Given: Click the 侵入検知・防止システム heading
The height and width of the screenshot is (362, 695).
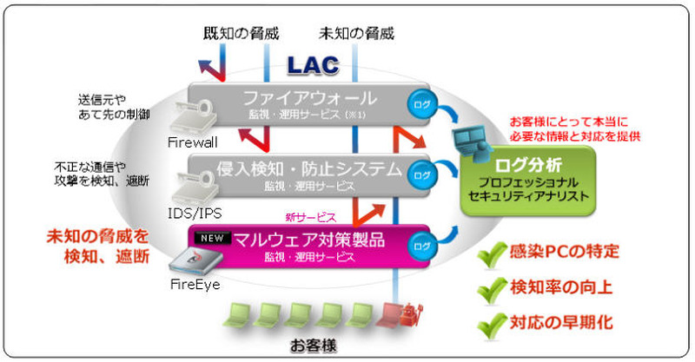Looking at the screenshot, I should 309,168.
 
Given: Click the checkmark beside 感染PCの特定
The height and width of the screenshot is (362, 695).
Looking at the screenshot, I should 493,253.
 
